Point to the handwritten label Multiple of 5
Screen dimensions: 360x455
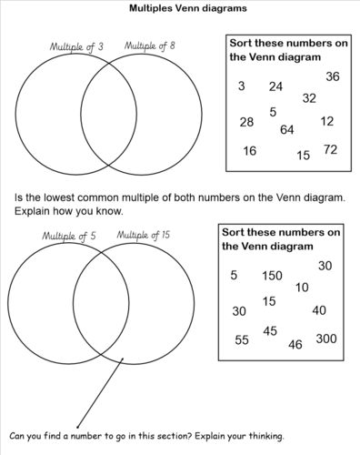coord(67,237)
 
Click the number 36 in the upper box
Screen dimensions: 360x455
coord(332,77)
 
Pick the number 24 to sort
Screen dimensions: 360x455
coord(276,87)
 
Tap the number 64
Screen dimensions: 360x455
coord(287,130)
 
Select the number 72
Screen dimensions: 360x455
coord(330,148)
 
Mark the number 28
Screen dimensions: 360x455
coord(246,122)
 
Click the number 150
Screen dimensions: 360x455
coord(272,276)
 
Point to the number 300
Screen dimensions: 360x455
coord(325,339)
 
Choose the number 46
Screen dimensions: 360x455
coord(295,345)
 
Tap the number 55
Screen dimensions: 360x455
coord(241,340)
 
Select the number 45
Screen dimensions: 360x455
coord(270,331)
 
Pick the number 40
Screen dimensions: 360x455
coord(319,310)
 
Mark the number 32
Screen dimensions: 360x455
coord(309,98)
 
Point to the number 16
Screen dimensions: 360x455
coord(250,151)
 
